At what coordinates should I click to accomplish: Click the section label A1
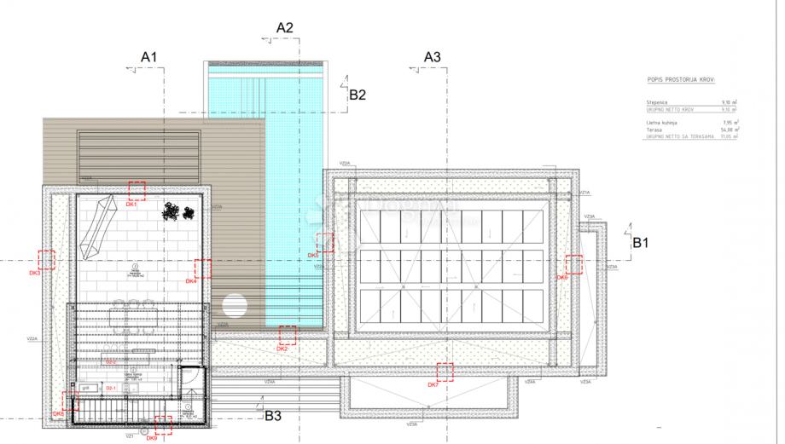(149, 56)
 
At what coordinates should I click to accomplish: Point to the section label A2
(285, 27)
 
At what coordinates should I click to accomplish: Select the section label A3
(433, 56)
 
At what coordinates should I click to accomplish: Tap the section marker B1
(641, 242)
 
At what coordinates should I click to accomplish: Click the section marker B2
(358, 95)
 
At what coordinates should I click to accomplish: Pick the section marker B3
(272, 416)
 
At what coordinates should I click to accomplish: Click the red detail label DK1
(131, 205)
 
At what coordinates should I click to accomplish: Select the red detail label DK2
(282, 349)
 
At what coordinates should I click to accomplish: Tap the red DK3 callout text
(34, 273)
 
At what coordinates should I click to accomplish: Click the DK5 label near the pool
(313, 255)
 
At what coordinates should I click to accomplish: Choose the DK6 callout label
(561, 277)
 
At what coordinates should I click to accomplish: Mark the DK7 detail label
(433, 384)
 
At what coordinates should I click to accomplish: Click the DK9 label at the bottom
(151, 437)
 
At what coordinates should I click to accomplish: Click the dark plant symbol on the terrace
(176, 209)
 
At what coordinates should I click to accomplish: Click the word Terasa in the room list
(654, 130)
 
